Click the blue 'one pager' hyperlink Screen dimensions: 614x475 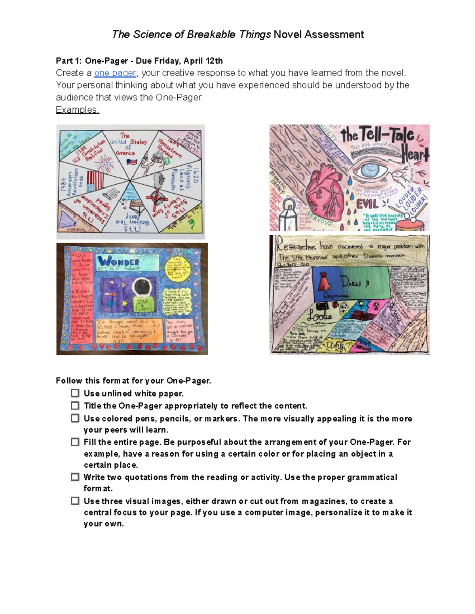pos(115,73)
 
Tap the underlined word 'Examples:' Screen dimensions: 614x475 pos(77,110)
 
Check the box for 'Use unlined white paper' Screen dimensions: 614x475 pos(75,393)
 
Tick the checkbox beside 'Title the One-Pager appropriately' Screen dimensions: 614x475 pos(75,406)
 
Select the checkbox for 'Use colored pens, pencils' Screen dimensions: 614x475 pos(75,418)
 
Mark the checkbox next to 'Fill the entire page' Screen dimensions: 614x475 pos(75,442)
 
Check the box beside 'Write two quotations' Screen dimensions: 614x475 pos(75,477)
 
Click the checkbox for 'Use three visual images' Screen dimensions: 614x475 pos(75,501)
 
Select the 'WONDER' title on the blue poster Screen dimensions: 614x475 pos(118,261)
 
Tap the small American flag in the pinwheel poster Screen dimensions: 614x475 pos(131,162)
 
